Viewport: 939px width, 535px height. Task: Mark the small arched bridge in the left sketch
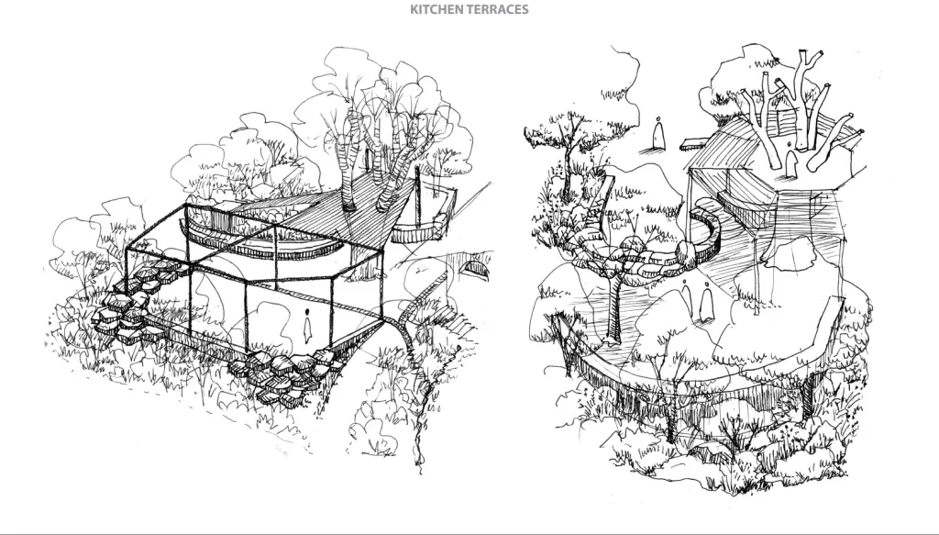click(472, 268)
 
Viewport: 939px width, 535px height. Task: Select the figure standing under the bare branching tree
click(790, 163)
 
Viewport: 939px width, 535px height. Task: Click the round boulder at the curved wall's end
click(685, 251)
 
